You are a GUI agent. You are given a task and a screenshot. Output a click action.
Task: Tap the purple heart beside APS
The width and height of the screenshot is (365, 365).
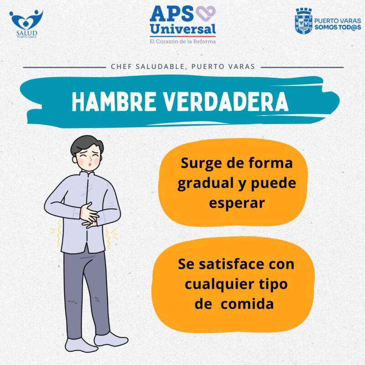[206, 14]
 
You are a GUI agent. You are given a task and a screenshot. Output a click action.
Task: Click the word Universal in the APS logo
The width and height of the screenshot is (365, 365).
[183, 29]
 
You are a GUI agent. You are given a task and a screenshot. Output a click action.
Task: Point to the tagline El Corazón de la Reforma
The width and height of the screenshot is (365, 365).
[183, 42]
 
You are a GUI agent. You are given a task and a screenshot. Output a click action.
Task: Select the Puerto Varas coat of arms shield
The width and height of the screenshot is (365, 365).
[303, 21]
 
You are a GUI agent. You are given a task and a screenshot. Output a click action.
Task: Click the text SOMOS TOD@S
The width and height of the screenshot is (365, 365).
[338, 27]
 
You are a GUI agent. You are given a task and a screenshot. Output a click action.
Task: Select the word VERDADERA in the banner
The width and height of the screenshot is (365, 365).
[226, 102]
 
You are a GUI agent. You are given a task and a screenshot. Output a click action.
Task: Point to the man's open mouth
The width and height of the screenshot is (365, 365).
[89, 164]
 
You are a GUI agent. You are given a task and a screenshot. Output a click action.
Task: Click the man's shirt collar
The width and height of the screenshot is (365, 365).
[87, 174]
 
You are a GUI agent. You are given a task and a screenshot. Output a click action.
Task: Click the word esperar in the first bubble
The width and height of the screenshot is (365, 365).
[237, 203]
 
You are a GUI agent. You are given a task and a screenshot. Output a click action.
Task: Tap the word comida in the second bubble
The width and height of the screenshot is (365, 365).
[247, 304]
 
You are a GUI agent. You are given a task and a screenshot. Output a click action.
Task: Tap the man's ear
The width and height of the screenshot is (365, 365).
[74, 159]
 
